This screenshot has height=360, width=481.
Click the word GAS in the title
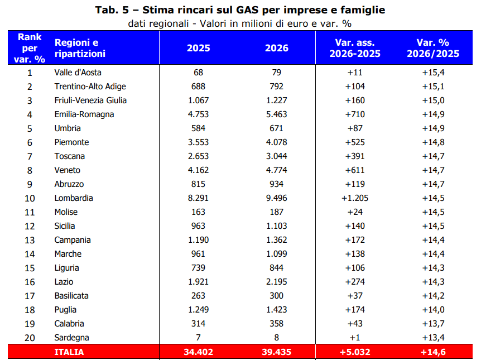click(247, 10)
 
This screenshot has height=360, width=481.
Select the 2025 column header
click(199, 48)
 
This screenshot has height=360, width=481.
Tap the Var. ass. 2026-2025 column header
click(355, 48)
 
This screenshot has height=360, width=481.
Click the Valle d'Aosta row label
click(78, 73)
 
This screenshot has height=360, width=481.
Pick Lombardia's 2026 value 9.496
click(276, 198)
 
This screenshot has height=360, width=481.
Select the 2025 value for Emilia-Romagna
click(198, 114)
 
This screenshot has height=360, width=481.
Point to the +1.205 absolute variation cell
click(355, 198)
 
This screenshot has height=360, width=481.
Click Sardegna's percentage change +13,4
click(433, 338)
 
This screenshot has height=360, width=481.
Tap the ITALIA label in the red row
click(69, 352)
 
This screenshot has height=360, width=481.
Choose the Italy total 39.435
click(276, 352)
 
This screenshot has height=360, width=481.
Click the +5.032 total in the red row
click(355, 352)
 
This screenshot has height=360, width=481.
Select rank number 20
click(30, 338)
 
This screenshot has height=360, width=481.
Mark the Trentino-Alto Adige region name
click(90, 87)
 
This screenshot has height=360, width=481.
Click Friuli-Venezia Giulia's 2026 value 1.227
click(276, 100)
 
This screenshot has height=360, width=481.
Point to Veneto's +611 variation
click(355, 170)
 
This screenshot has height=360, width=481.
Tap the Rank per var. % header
click(30, 48)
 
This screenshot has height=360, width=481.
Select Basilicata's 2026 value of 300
click(276, 296)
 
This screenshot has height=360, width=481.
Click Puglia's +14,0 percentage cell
click(433, 310)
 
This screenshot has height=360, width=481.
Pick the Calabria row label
click(69, 324)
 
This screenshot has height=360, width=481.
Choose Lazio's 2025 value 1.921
click(198, 282)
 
